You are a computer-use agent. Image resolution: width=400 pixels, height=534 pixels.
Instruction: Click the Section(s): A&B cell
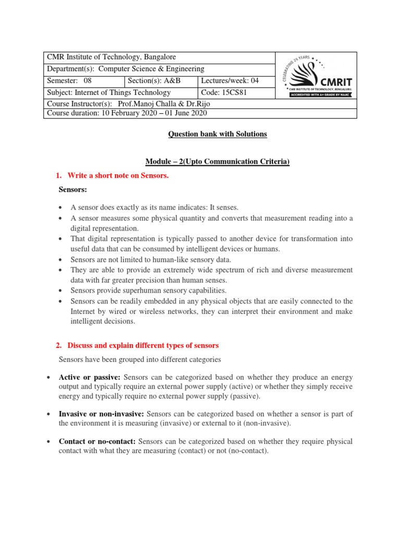point(161,80)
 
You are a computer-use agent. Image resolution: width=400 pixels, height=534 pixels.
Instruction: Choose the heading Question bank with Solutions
point(217,134)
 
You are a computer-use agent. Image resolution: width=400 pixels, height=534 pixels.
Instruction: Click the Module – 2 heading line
point(217,162)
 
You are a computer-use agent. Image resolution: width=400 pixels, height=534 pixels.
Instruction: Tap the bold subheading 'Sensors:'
point(73,190)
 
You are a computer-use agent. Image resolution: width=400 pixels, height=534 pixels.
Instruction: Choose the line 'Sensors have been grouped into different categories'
point(140,359)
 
